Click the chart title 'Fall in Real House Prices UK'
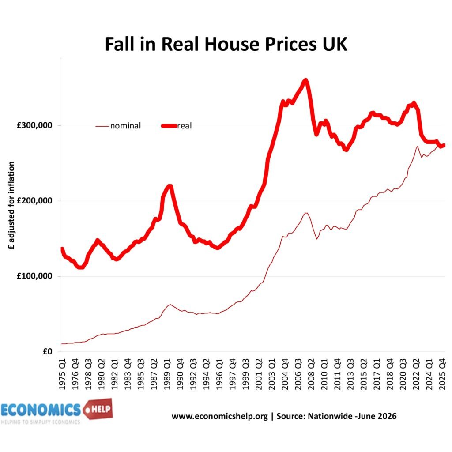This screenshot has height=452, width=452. (226, 44)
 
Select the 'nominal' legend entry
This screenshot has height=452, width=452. (118, 126)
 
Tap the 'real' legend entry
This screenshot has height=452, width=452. (177, 126)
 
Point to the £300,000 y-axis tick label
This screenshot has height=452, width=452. (34, 125)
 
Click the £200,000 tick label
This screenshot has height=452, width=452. (34, 201)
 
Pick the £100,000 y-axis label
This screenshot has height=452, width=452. (34, 276)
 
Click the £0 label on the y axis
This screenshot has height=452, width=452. (48, 351)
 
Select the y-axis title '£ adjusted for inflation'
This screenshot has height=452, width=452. (11, 205)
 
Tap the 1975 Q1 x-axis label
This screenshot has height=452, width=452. (62, 374)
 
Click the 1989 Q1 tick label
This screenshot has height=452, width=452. (167, 374)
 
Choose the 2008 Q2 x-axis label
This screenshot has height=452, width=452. (311, 374)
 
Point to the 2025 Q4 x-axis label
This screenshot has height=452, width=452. (442, 374)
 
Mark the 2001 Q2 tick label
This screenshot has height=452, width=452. (259, 374)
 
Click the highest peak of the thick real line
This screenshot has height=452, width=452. (305, 80)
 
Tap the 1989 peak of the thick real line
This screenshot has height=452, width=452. (169, 186)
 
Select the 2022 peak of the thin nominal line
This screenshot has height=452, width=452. (417, 147)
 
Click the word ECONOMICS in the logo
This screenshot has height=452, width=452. (41, 410)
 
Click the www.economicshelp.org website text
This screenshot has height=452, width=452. (220, 417)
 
